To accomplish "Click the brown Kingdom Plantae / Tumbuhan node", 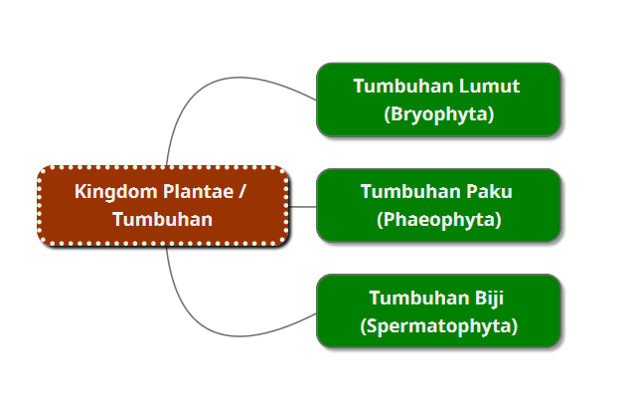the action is [163, 206].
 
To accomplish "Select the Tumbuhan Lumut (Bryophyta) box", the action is [438, 100].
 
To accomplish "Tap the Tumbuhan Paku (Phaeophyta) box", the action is [438, 205].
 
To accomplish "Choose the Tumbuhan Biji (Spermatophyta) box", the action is [438, 311].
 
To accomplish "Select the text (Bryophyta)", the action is [438, 114].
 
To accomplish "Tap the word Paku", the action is [487, 191].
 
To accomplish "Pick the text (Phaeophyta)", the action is [438, 220].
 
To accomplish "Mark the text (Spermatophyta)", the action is [438, 325].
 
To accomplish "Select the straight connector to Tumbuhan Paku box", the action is [302, 206].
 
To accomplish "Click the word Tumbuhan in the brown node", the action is [163, 220].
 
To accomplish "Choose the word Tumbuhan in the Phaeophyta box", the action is [405, 191].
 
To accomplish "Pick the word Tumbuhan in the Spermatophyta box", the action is [412, 298].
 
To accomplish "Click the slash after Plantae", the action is [241, 192].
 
